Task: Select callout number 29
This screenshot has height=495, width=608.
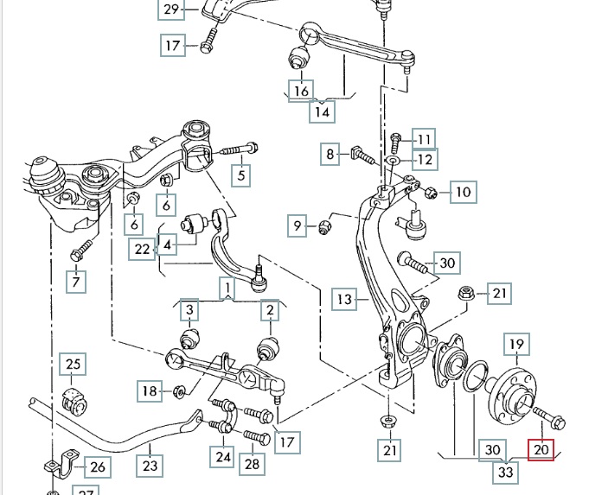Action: coord(170,10)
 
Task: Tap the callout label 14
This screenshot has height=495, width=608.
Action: coord(322,111)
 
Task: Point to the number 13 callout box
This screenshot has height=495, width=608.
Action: coord(345,300)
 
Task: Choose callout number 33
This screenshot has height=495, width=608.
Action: coord(505,473)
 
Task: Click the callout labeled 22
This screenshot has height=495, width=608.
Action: coord(143,250)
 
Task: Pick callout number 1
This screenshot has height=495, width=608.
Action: coord(226,288)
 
